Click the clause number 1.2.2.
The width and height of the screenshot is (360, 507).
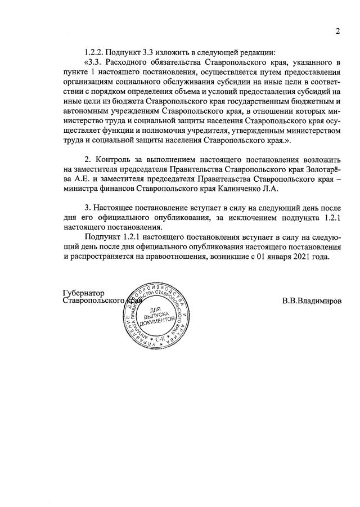click(96, 52)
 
